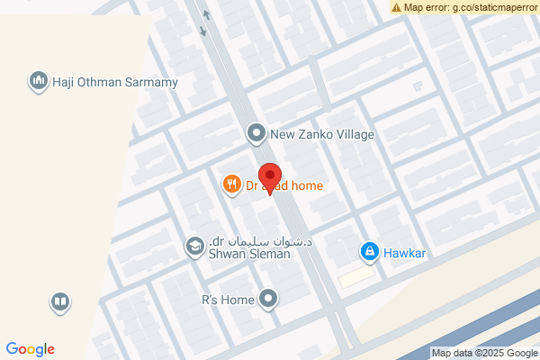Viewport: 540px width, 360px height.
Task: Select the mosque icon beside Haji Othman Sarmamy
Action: click(x=38, y=82)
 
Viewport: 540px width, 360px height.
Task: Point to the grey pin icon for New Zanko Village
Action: click(x=256, y=134)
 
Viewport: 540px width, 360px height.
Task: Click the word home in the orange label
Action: click(x=306, y=185)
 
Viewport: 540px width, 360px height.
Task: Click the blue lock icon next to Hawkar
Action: click(x=368, y=252)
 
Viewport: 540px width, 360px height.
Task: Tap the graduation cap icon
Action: click(x=193, y=246)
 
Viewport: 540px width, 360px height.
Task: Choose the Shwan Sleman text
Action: click(x=249, y=255)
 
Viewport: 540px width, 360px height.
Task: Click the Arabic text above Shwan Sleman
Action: click(x=260, y=241)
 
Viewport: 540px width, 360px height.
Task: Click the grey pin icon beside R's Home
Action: click(x=268, y=299)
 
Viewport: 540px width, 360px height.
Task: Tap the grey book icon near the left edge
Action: click(x=59, y=301)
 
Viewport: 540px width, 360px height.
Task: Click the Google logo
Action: click(x=30, y=349)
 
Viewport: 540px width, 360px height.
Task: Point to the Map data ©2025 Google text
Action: click(x=484, y=353)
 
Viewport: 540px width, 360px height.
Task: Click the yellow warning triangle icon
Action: click(x=396, y=7)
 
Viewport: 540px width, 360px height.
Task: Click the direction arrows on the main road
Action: click(x=204, y=22)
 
